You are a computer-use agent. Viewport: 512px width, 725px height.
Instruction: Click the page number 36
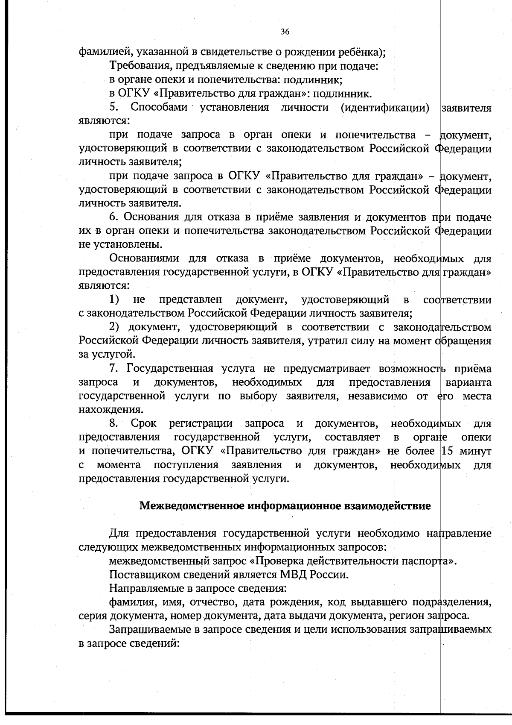point(285,32)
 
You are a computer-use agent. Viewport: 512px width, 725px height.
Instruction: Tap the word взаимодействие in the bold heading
point(390,506)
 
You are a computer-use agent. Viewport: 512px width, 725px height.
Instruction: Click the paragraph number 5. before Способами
point(113,107)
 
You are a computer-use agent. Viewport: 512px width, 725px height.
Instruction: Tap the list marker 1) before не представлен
point(114,300)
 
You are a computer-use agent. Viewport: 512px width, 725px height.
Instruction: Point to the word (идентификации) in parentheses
point(385,107)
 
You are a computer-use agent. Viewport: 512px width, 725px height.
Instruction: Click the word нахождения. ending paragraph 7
point(111,410)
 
